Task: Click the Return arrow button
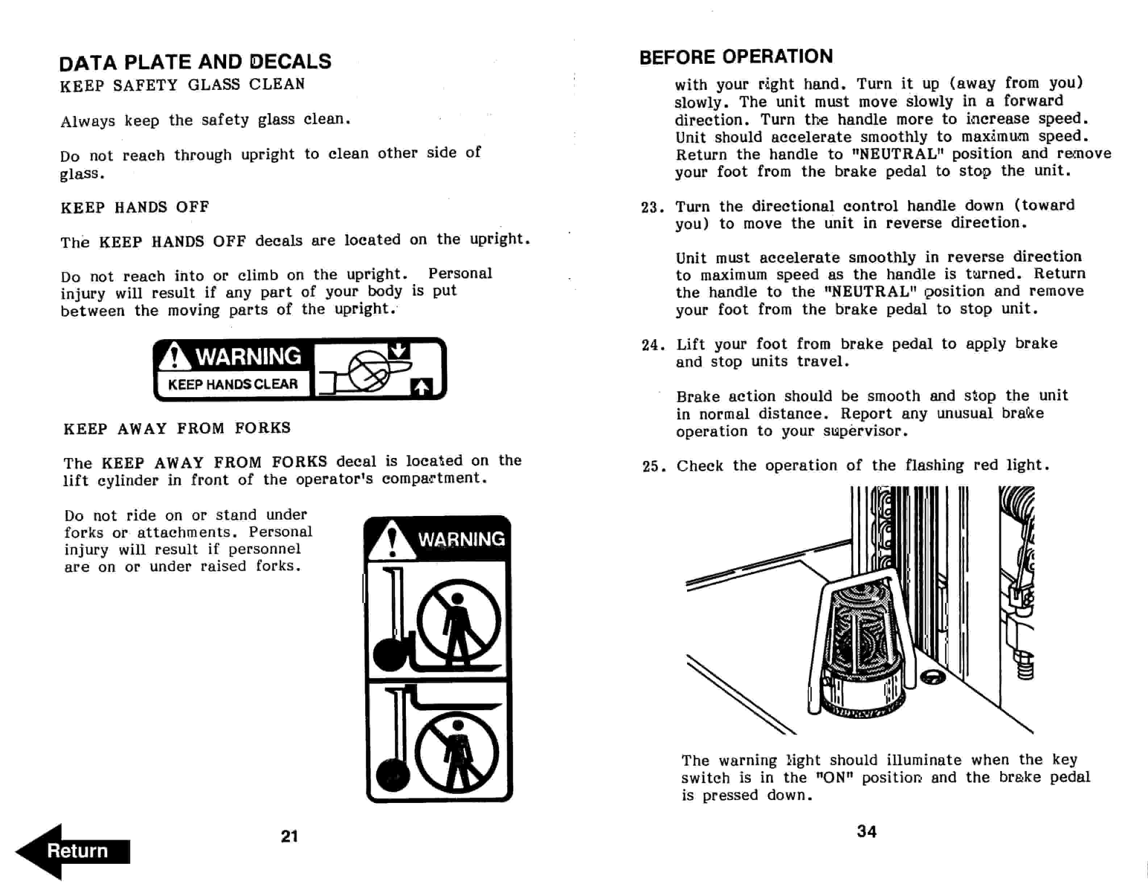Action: click(74, 851)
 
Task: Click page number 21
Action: click(289, 836)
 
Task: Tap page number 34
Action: click(866, 831)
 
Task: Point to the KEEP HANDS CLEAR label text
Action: click(233, 384)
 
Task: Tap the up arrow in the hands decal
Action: click(421, 388)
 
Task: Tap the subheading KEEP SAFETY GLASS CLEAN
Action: click(182, 84)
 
